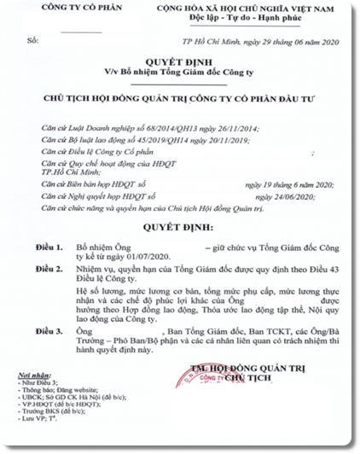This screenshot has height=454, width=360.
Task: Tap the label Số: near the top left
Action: (33, 40)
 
